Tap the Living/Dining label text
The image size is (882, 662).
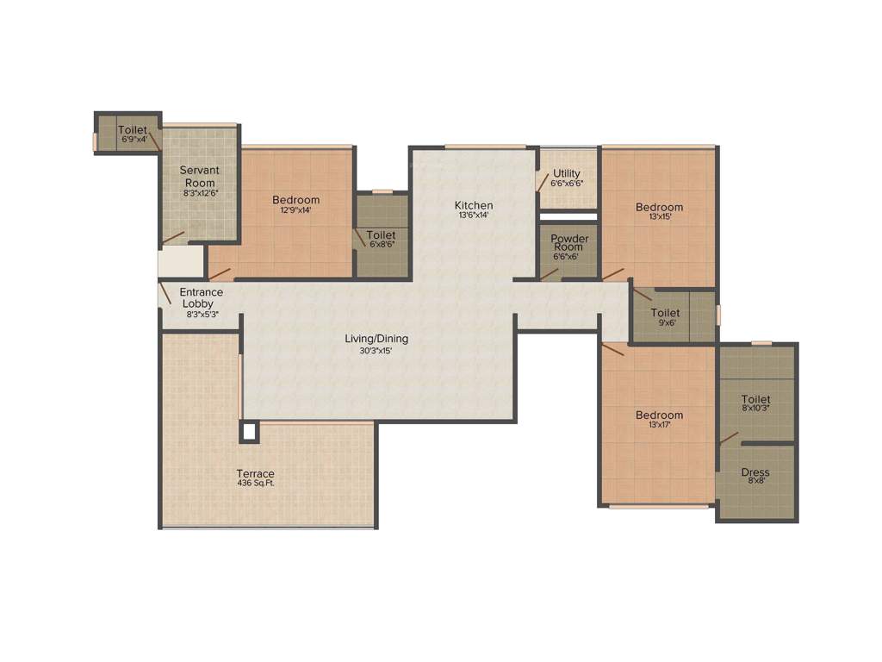(x=377, y=339)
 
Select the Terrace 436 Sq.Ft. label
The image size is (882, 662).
(x=256, y=478)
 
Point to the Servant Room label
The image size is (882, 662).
(x=199, y=176)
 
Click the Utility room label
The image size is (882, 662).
(x=567, y=178)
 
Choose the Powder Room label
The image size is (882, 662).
(x=569, y=242)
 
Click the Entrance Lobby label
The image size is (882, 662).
(x=202, y=298)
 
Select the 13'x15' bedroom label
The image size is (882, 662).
(x=659, y=211)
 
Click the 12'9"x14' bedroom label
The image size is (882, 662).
(x=295, y=204)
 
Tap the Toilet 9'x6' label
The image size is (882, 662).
(x=665, y=317)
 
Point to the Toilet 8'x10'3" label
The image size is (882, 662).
(x=756, y=403)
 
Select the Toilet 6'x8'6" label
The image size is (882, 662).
(x=381, y=239)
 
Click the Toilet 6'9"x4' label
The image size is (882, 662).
(x=133, y=134)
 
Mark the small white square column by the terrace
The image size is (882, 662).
(x=250, y=432)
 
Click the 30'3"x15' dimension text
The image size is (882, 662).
(x=376, y=351)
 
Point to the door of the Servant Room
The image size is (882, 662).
(x=173, y=236)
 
